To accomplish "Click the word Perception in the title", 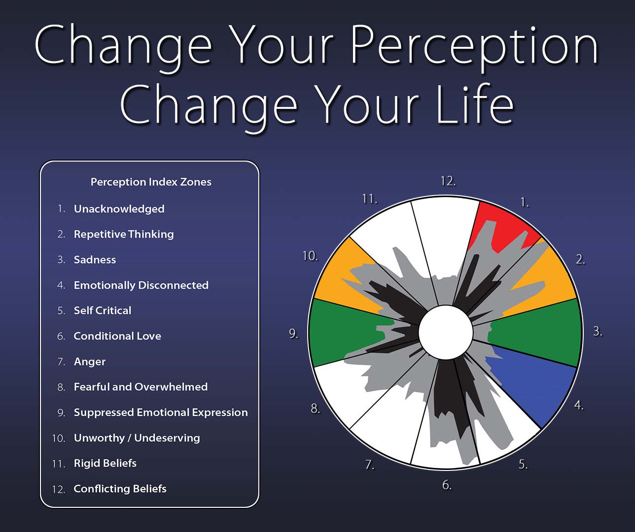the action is [474, 49].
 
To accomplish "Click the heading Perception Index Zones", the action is [151, 182].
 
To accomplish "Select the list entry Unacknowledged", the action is [119, 209].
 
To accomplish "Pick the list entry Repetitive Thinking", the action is [124, 234].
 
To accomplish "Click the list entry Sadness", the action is [95, 260].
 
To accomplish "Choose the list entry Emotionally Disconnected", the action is [141, 285].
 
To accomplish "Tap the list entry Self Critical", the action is [103, 310].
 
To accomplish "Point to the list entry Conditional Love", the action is [117, 336].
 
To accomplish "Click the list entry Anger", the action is [90, 362].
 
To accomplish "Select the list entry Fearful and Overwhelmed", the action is [141, 387].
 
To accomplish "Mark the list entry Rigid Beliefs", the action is [105, 464].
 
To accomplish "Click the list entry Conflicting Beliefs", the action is [120, 489].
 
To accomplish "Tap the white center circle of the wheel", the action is [446, 332].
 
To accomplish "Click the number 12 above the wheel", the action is [448, 181].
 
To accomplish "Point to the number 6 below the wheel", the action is [447, 485].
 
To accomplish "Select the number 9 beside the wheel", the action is [293, 333].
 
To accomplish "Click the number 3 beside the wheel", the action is [598, 331].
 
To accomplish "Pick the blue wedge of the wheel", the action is [535, 383].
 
